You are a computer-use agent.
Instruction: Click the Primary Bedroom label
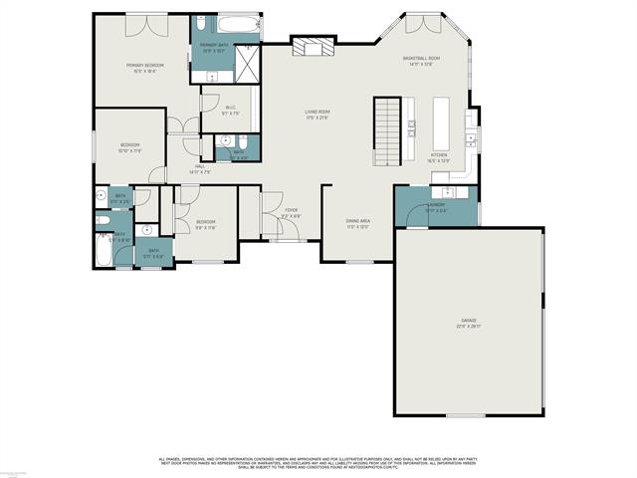(x=144, y=67)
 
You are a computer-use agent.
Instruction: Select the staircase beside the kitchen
(x=387, y=131)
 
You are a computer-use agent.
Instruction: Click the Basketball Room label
(x=421, y=61)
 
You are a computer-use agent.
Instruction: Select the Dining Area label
(x=358, y=222)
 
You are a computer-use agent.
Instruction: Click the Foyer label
(x=292, y=212)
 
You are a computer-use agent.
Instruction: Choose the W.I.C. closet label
(x=230, y=109)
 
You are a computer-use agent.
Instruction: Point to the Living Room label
(x=318, y=114)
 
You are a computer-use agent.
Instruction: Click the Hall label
(x=200, y=168)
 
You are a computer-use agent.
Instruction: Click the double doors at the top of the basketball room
(x=420, y=22)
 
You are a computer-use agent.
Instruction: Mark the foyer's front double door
(x=287, y=239)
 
